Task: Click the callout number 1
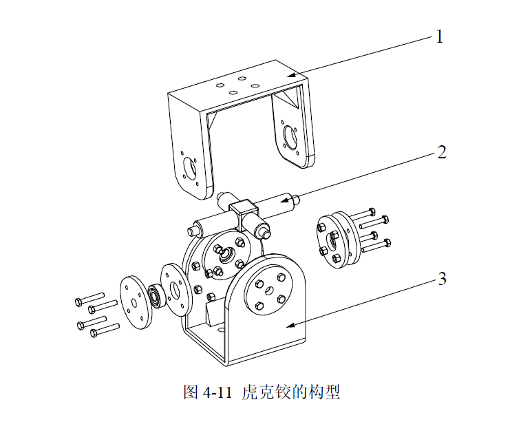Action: coord(438,36)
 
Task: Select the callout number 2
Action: coord(442,152)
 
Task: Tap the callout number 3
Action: coord(442,279)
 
